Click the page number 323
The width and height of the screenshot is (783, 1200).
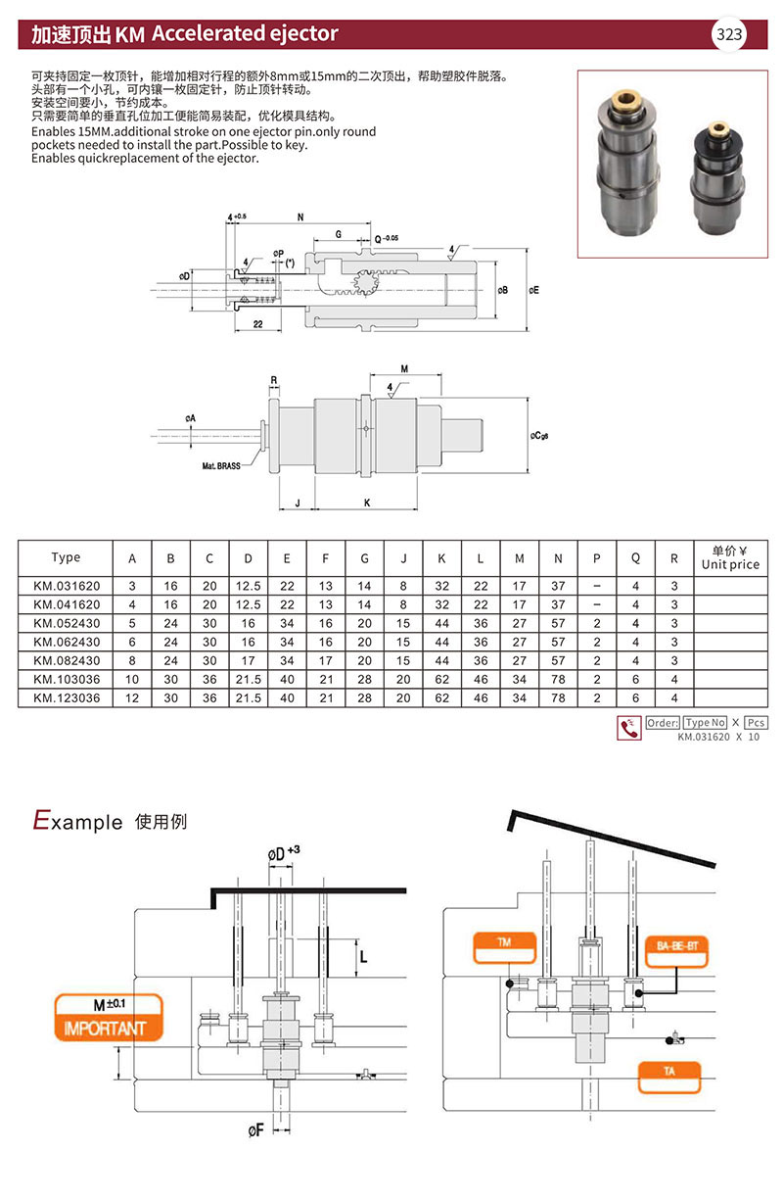pos(730,35)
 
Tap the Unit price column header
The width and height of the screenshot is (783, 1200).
pos(730,557)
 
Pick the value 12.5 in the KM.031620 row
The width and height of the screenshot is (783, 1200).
pos(248,586)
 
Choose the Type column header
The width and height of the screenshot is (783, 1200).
pos(66,557)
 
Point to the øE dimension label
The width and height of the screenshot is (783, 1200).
pos(533,290)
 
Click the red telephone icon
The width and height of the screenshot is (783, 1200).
pos(628,728)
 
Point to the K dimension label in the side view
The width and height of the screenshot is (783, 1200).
pos(366,503)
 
